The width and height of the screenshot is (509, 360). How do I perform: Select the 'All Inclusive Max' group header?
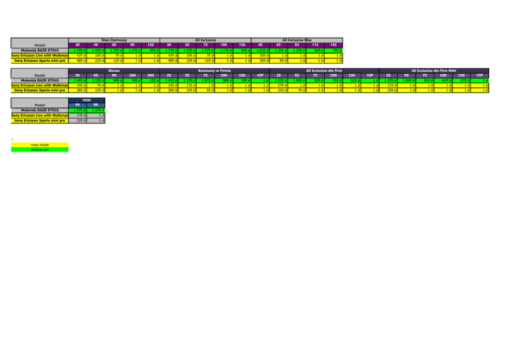pyautogui.click(x=302, y=40)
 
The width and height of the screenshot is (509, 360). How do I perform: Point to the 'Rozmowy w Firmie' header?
pyautogui.click(x=213, y=68)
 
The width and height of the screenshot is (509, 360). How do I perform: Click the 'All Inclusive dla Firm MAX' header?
pyautogui.click(x=434, y=69)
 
